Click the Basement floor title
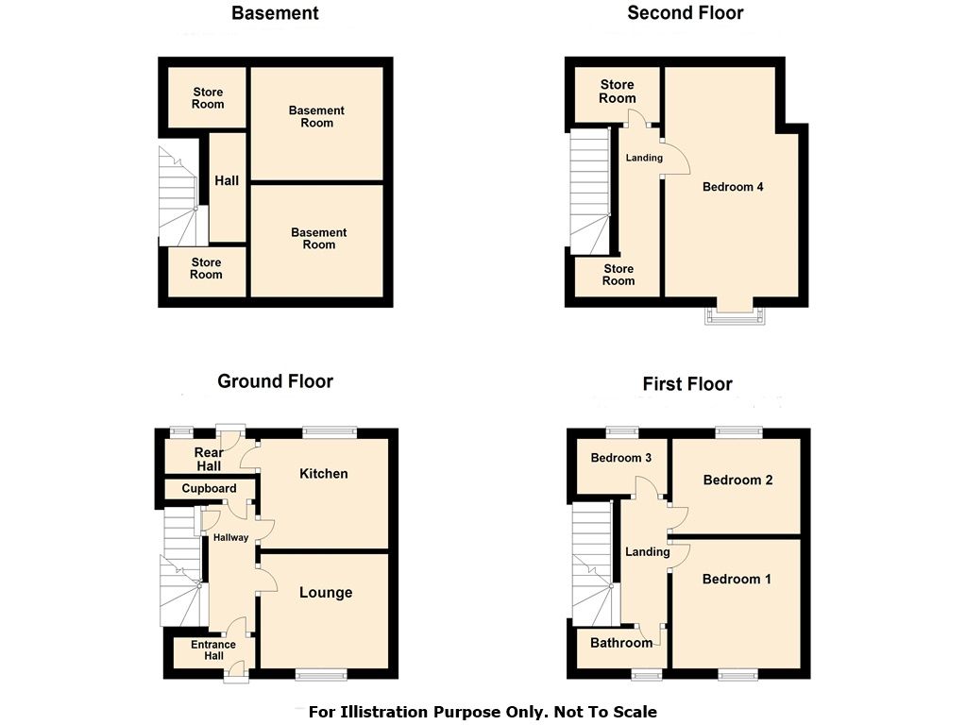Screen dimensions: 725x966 tap(275, 13)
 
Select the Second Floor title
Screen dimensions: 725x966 tap(685, 13)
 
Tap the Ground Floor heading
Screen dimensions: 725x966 tap(275, 381)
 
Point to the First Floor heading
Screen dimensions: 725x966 tap(687, 384)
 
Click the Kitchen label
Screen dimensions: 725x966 tap(324, 474)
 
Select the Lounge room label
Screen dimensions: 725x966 tap(326, 593)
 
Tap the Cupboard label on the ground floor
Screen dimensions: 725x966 tap(209, 488)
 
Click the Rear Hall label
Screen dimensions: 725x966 tap(209, 460)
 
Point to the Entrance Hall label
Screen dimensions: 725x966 tap(213, 651)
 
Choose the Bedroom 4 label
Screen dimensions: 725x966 tap(733, 187)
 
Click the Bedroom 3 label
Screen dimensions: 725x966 tap(620, 458)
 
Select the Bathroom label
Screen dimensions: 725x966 tap(620, 643)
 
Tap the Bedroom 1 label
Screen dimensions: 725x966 tap(737, 579)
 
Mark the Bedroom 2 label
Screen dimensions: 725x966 tap(737, 480)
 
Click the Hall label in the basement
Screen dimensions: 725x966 tap(227, 181)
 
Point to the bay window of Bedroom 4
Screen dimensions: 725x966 tap(733, 314)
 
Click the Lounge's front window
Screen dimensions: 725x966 tap(321, 674)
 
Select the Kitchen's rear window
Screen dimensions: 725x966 tap(330, 432)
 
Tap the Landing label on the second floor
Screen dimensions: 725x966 tap(644, 158)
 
